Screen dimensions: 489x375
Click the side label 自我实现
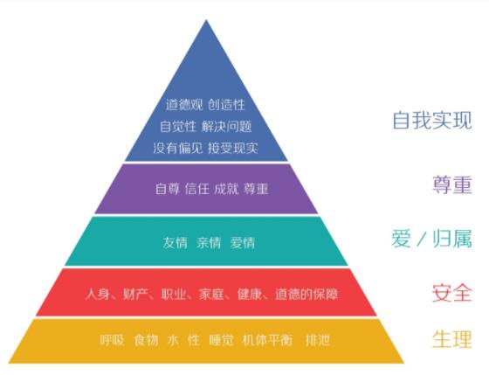click(x=432, y=120)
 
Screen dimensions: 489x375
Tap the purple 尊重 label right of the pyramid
click(x=452, y=184)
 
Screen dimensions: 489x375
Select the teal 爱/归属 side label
click(x=432, y=239)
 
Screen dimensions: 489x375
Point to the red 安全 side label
click(x=452, y=293)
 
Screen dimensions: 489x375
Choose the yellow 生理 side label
click(x=452, y=339)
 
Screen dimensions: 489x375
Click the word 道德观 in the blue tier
click(x=184, y=105)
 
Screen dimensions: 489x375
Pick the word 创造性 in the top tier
click(x=226, y=105)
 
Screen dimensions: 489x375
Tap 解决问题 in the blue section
click(x=226, y=126)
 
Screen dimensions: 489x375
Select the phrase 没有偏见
click(x=178, y=148)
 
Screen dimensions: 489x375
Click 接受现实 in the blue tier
click(x=233, y=148)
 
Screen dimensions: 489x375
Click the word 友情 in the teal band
click(x=176, y=243)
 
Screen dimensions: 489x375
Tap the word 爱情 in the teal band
click(x=243, y=243)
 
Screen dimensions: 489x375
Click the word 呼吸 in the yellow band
click(x=112, y=340)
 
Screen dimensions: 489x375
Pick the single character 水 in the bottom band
click(x=174, y=340)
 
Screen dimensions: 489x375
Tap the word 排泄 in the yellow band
click(x=318, y=340)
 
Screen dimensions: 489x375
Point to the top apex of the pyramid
click(x=206, y=20)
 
